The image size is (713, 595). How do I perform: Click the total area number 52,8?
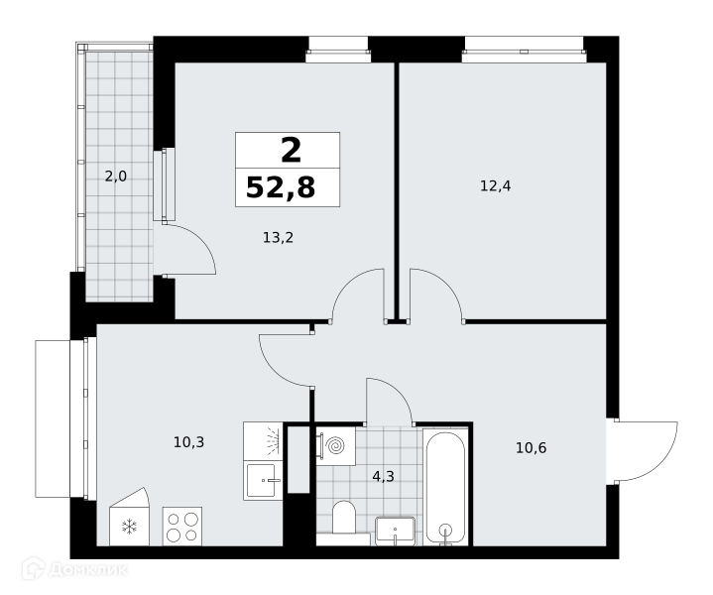281,187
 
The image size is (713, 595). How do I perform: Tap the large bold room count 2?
291,151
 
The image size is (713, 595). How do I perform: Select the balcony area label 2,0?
115,177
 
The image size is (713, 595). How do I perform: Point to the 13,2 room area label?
278,237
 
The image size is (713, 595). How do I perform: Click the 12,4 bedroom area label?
496,185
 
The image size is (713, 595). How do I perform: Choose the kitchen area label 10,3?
188,441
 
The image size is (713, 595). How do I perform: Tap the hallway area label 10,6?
531,448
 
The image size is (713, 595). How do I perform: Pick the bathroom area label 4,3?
383,476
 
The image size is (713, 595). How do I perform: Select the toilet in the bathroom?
344,519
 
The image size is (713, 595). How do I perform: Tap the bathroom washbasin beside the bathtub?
395,531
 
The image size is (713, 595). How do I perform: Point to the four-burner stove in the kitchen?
182,527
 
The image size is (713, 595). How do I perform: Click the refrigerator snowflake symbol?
130,527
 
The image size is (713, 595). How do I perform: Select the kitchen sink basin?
261,481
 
